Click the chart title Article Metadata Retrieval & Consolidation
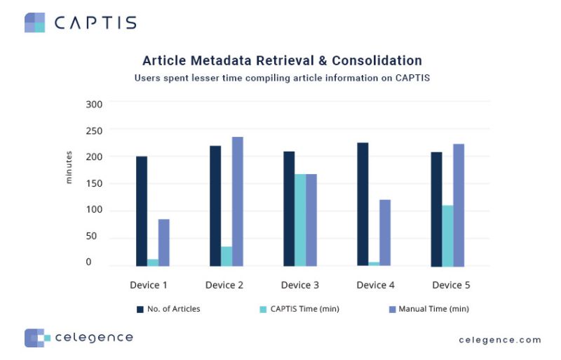pos(282,60)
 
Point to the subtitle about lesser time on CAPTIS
pos(282,78)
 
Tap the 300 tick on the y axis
pos(94,104)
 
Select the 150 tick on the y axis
pos(94,184)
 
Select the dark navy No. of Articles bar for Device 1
pos(142,211)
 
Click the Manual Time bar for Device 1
pos(163,242)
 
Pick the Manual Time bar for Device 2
pos(238,201)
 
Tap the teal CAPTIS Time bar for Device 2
pos(227,256)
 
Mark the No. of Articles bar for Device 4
pos(363,204)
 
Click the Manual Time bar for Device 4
pos(385,232)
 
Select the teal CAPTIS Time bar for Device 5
pos(447,235)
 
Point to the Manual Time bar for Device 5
pos(459,205)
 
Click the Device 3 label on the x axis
pos(300,285)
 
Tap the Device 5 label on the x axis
pos(451,285)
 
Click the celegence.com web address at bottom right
pos(500,340)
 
